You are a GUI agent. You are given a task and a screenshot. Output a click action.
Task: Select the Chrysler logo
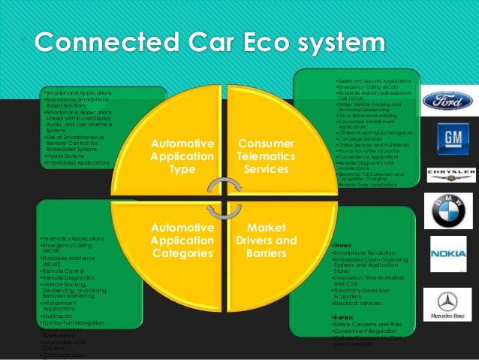pos(450,174)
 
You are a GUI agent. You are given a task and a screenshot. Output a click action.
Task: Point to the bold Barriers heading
pos(342,317)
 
